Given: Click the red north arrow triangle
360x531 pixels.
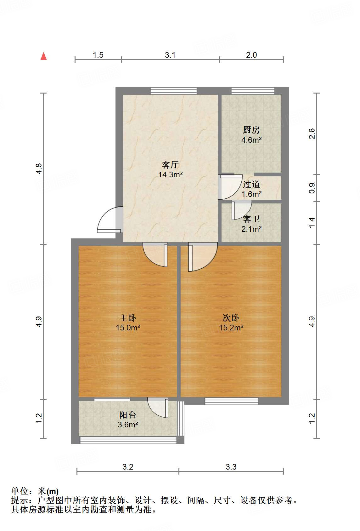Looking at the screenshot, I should point(43,56).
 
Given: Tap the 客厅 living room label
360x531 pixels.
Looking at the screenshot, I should point(170,165).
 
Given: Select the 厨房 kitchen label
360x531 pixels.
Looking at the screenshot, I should point(251,130).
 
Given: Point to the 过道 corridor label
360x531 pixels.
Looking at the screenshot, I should point(251,184).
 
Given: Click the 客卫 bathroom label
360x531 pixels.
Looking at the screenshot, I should point(251,219).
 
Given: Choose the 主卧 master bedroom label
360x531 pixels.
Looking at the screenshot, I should point(128,318).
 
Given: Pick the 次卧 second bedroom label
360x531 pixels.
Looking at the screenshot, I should point(231,318).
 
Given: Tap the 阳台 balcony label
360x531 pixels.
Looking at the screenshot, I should point(128,415).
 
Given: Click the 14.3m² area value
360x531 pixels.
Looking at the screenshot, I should point(170,174).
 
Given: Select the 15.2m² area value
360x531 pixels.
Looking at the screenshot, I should point(231,328).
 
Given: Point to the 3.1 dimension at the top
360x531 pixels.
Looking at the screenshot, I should point(170,55).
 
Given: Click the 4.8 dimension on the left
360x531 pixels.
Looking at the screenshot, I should point(39,169).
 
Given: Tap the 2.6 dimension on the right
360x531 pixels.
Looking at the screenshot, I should point(312,134).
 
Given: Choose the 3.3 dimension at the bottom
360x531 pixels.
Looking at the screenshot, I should point(231,467).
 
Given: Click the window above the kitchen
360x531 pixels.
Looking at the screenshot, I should point(253,91).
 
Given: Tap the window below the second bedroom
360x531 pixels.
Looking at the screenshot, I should point(231,401).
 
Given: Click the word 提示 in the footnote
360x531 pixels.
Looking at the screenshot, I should point(20,500).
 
